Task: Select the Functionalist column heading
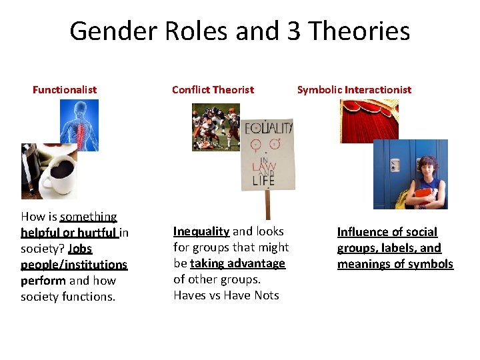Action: [65, 89]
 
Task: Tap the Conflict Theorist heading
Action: [213, 89]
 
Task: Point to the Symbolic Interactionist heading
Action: [354, 89]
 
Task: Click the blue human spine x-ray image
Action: [79, 125]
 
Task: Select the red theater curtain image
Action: [369, 120]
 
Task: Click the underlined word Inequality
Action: [201, 231]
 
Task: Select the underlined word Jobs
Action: [80, 248]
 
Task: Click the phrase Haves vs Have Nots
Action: [226, 295]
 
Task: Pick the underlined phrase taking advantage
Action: [237, 263]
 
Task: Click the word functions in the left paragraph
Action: [93, 297]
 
